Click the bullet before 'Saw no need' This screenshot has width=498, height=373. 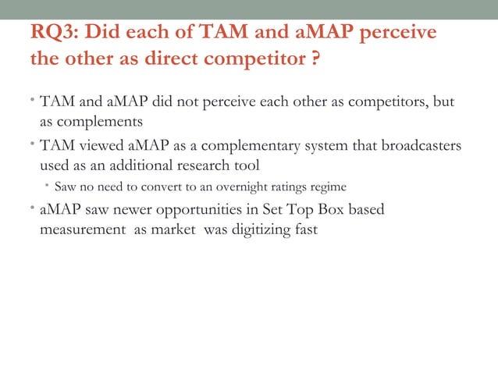coord(46,187)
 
